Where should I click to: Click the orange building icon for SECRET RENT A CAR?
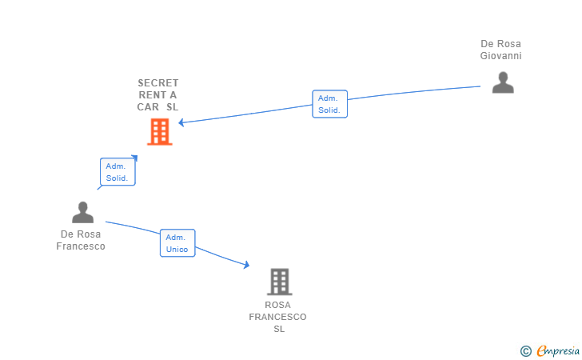160,131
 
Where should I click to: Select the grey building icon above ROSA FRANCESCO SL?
280,282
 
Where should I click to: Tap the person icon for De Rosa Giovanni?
503,82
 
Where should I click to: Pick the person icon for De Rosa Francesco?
83,212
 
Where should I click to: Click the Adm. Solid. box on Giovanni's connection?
329,104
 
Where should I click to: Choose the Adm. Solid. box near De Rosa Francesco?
118,172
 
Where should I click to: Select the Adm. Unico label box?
177,243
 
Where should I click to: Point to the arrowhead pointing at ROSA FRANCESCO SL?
246,265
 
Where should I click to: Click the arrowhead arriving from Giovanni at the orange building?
181,122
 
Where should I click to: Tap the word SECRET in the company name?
158,83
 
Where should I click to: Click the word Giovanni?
500,56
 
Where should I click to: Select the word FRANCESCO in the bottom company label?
277,317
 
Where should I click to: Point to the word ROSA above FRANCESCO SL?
277,305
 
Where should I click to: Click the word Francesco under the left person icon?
81,246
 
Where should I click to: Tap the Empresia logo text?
558,350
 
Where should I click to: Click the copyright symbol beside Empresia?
526,351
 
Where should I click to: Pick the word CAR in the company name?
148,107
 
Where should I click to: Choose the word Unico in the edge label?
177,250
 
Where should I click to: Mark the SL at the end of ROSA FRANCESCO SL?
279,329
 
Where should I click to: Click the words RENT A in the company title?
157,95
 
